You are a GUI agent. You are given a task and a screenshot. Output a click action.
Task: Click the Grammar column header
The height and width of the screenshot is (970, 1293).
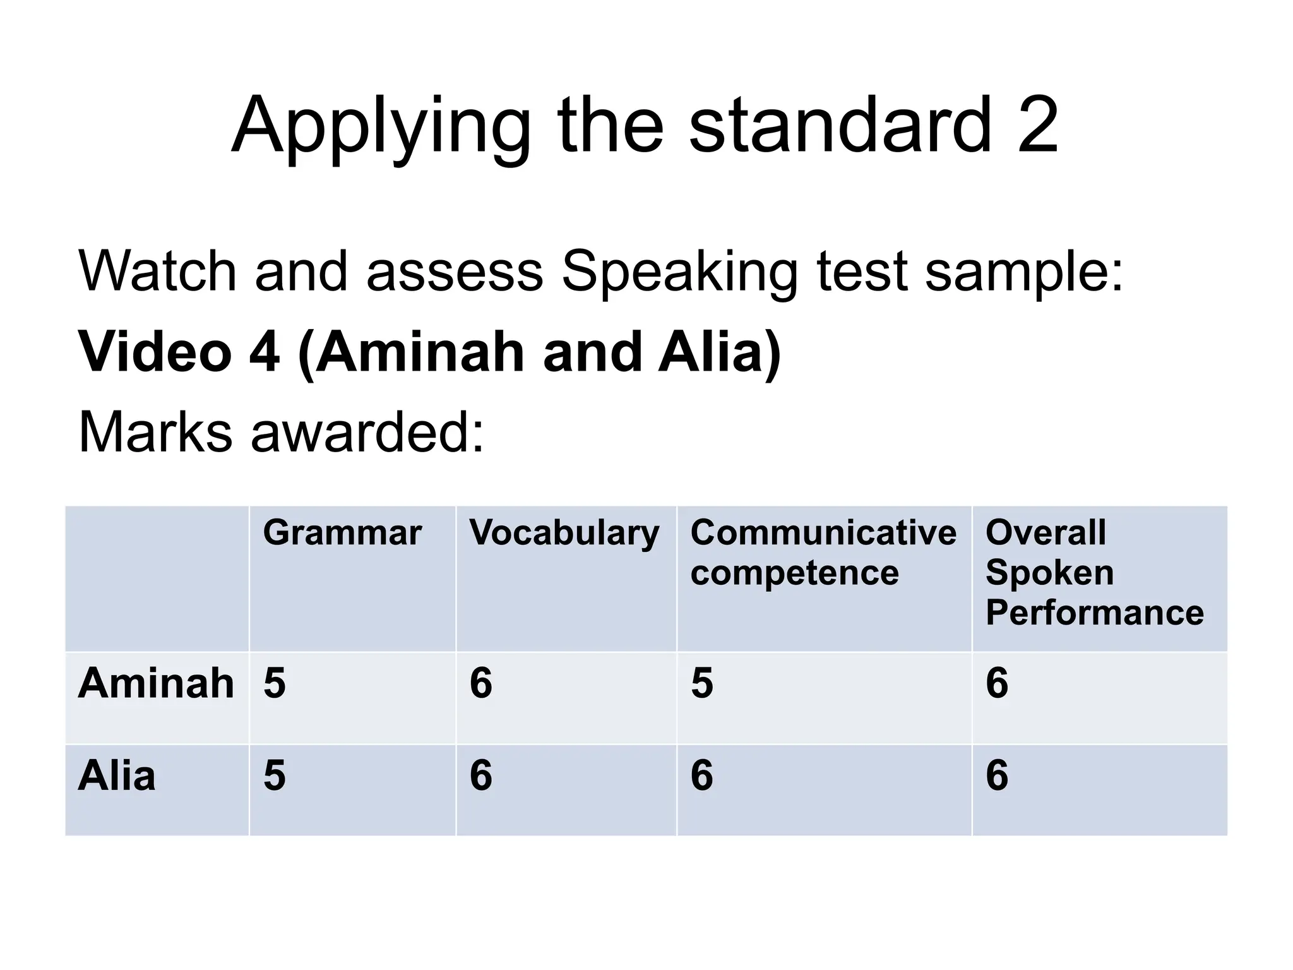(x=342, y=533)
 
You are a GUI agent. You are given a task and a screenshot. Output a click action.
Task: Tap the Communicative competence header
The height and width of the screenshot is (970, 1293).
(x=823, y=553)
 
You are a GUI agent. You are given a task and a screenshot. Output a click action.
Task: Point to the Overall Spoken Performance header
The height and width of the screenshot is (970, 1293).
(x=1094, y=573)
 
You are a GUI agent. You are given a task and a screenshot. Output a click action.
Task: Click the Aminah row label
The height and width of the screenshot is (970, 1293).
(x=156, y=683)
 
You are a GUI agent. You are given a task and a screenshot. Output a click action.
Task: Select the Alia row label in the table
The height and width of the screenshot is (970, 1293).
(x=117, y=775)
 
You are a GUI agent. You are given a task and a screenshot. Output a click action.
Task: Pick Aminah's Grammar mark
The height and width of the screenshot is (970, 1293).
(x=275, y=683)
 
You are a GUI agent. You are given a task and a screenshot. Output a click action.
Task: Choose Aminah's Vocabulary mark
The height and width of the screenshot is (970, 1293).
(x=481, y=683)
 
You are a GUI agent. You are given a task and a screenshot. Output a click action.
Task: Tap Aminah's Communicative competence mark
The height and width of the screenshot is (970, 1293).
(x=702, y=683)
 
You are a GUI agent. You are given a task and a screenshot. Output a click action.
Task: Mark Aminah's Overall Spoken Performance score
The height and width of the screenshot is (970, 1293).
(x=997, y=683)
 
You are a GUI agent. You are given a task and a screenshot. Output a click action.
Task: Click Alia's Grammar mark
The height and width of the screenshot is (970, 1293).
(x=275, y=775)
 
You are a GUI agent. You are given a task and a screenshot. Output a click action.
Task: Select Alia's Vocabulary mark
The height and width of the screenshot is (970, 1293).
(x=481, y=775)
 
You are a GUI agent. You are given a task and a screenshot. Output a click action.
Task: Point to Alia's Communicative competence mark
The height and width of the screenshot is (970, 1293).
(x=702, y=775)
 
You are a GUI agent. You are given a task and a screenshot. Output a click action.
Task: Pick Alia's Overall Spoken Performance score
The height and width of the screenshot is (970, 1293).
(x=997, y=775)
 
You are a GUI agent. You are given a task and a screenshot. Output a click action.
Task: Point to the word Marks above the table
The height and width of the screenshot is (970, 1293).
(x=155, y=433)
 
